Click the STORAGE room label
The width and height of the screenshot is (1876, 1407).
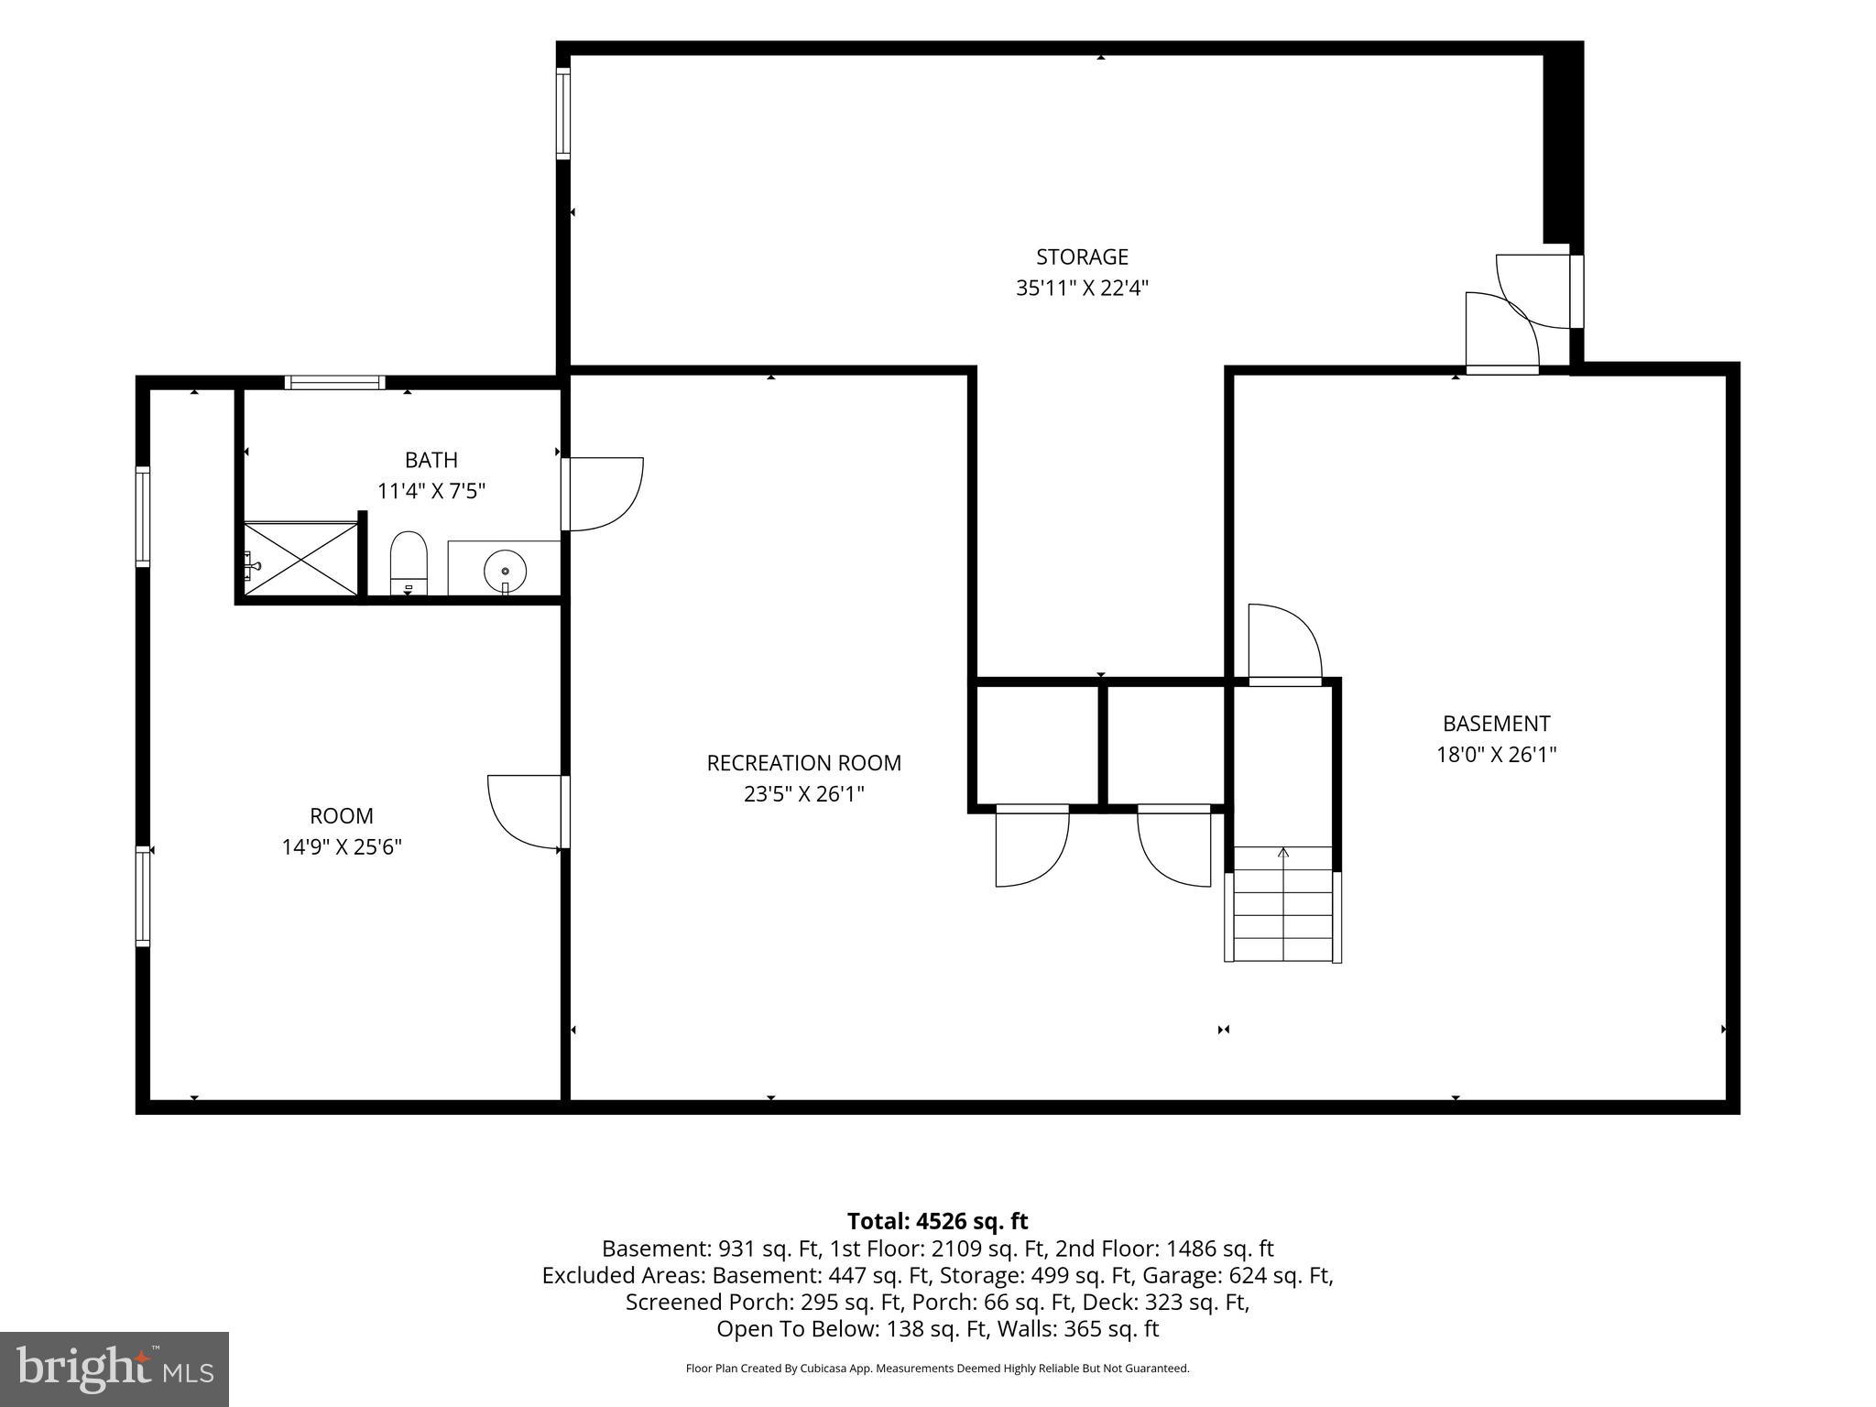click(x=1082, y=256)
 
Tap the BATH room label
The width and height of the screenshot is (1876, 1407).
click(x=431, y=460)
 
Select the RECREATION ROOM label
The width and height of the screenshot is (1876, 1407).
click(x=803, y=763)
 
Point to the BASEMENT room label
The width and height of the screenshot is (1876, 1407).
click(x=1496, y=724)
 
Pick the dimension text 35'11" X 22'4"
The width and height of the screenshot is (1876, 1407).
click(x=1082, y=289)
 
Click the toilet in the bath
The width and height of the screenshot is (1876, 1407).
click(x=409, y=563)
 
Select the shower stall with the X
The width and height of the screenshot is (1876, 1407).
click(x=301, y=560)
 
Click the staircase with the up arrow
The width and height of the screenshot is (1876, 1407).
click(x=1282, y=904)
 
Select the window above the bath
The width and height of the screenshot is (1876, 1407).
click(x=334, y=383)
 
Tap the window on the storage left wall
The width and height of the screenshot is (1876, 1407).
click(x=563, y=115)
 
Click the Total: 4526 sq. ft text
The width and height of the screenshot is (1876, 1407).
click(x=937, y=1221)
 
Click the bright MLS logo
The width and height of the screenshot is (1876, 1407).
click(x=115, y=1369)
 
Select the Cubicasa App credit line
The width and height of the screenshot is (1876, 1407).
click(x=937, y=1369)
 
